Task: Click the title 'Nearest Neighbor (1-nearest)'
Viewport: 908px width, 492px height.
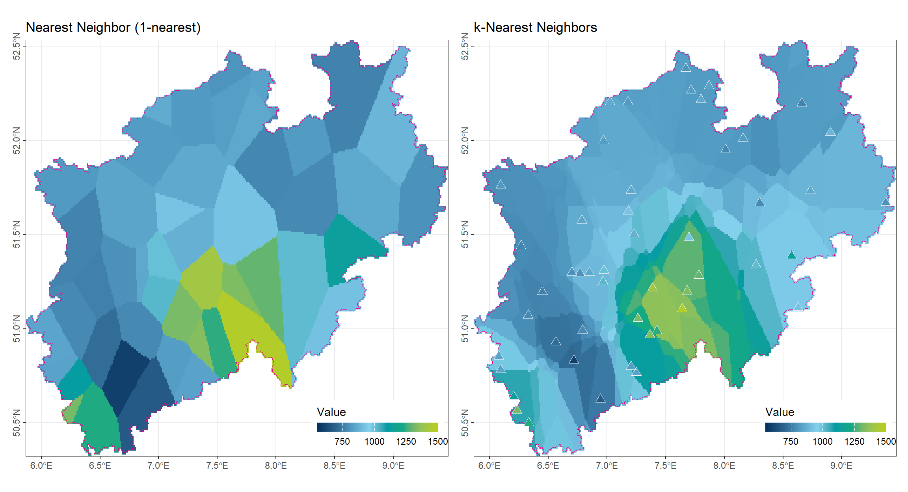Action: click(113, 28)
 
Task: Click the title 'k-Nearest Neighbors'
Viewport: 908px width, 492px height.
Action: click(535, 28)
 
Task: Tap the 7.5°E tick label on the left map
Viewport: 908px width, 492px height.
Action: click(217, 466)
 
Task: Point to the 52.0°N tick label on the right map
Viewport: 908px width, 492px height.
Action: click(465, 140)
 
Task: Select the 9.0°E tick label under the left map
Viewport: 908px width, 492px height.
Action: click(393, 466)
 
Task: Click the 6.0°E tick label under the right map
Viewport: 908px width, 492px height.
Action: click(489, 466)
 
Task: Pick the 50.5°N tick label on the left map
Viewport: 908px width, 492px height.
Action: click(17, 423)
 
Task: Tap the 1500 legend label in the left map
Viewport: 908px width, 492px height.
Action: click(437, 442)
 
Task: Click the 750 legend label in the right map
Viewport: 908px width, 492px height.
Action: click(790, 442)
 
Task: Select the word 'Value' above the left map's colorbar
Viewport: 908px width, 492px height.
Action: click(331, 412)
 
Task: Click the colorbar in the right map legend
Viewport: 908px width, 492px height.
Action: click(825, 427)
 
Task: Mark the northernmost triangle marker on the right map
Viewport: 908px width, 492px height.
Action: click(686, 68)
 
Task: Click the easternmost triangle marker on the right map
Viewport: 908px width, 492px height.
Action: click(886, 202)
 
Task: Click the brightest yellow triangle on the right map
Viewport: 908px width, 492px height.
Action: click(682, 308)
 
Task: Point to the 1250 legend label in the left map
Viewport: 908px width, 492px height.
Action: click(406, 442)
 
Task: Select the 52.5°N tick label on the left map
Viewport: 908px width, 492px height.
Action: click(17, 46)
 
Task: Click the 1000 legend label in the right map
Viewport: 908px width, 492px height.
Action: click(822, 442)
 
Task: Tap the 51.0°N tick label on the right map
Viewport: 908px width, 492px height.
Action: click(465, 329)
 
